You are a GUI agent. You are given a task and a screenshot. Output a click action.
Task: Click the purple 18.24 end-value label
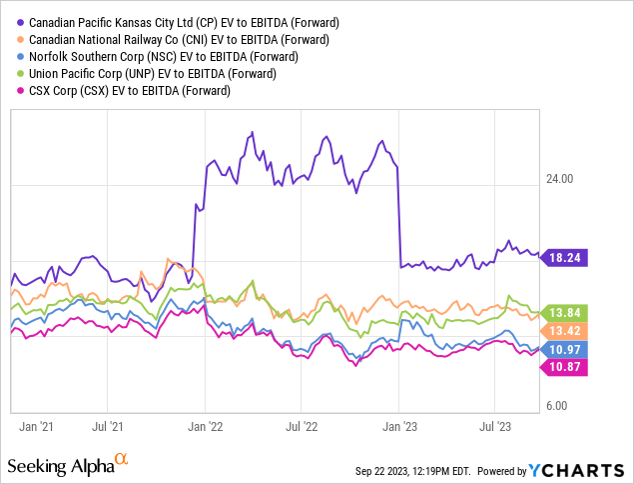565,257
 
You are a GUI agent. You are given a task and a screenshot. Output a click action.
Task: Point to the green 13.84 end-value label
565,313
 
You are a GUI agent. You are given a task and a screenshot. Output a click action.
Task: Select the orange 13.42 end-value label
565,331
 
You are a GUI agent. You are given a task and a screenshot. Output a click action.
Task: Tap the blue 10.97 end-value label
565,348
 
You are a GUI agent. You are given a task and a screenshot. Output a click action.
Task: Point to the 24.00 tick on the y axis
559,180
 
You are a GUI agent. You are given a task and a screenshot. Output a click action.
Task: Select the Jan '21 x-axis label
36,425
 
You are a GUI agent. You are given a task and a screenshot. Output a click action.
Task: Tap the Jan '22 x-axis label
207,425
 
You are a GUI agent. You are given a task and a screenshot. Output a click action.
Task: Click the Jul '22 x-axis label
303,425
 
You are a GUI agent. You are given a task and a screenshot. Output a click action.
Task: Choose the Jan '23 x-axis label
400,425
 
